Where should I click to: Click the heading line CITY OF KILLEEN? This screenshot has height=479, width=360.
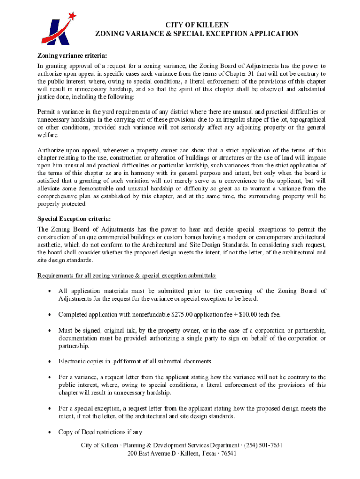[197, 25]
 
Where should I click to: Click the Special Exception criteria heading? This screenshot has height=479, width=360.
[74, 218]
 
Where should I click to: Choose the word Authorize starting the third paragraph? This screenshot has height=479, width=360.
[52, 150]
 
